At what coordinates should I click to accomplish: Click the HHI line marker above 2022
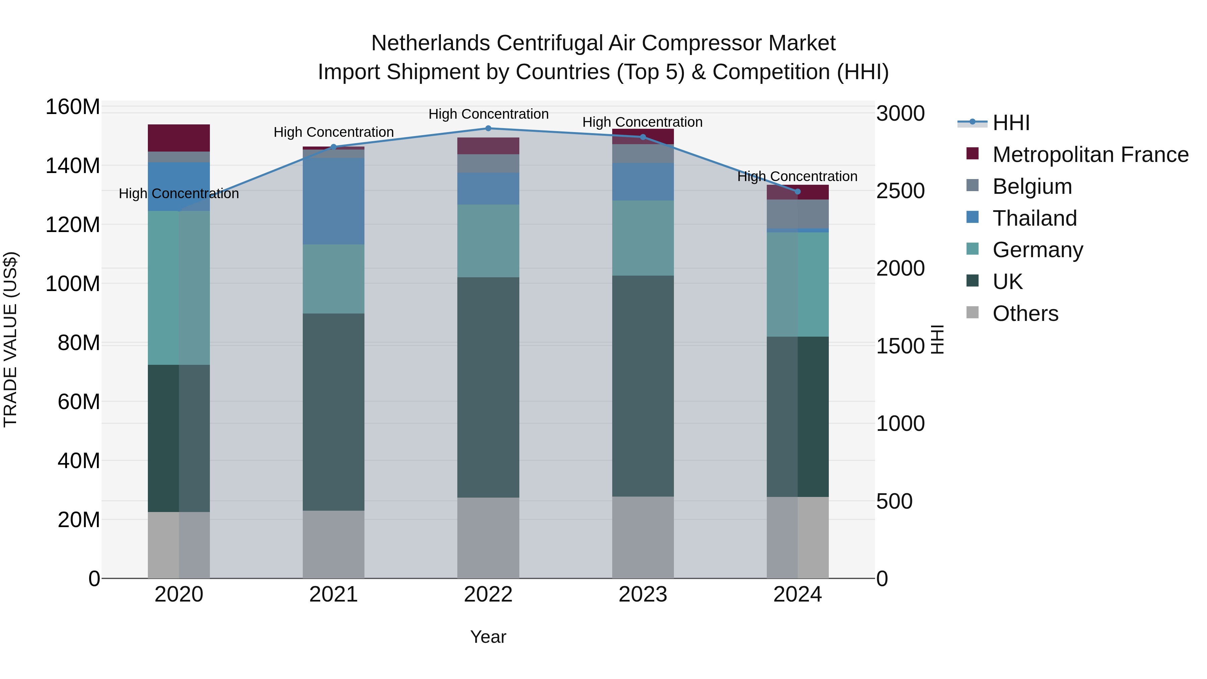click(488, 128)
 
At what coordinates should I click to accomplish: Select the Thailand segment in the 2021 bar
click(334, 201)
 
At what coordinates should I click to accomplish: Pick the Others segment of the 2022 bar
click(488, 537)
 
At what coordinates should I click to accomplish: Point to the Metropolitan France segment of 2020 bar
click(178, 138)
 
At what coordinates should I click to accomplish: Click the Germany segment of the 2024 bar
click(798, 284)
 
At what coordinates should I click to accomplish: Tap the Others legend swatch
click(973, 313)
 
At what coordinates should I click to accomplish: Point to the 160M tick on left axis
click(73, 107)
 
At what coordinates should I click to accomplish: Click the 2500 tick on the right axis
click(900, 191)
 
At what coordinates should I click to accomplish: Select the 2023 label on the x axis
click(643, 595)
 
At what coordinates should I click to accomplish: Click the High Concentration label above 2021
click(334, 132)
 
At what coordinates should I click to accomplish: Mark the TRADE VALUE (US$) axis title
click(10, 339)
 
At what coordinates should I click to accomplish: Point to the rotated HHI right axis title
click(937, 339)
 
